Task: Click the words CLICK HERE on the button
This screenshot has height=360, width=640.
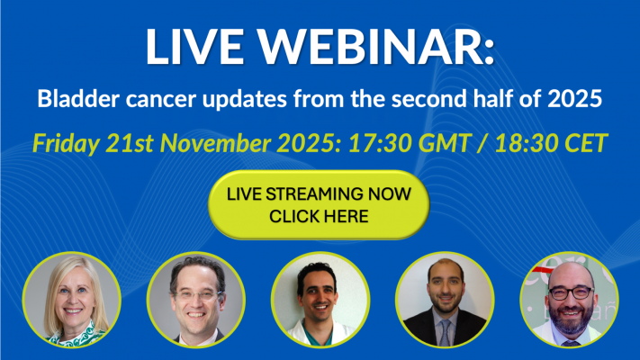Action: pyautogui.click(x=320, y=217)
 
